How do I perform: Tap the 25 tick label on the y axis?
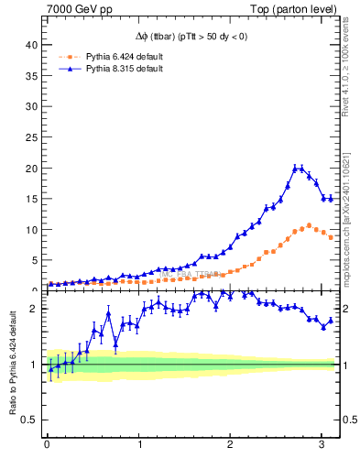32,137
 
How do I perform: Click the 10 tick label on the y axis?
32,230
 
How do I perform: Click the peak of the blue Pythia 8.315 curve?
296,168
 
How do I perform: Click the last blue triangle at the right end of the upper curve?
331,198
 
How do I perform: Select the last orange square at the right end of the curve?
331,238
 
